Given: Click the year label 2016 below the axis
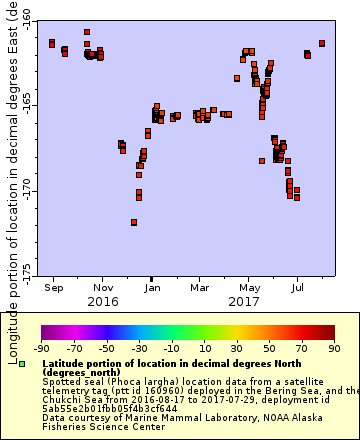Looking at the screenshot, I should click(102, 301).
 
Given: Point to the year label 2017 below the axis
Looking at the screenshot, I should click(244, 301).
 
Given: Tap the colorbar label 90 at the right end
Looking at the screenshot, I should click(333, 348).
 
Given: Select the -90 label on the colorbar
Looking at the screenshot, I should click(41, 348).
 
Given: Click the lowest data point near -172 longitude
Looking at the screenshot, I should click(134, 222).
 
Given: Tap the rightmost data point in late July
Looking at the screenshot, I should click(322, 43).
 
